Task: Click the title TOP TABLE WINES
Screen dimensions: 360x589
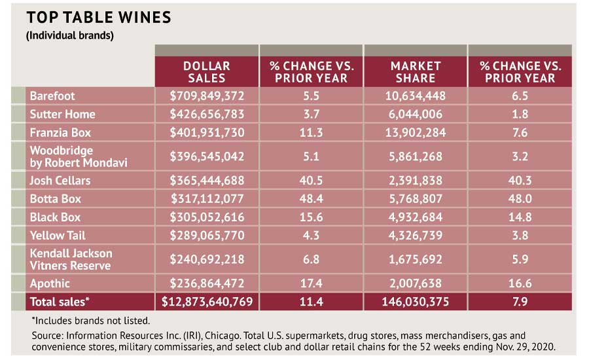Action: (x=98, y=17)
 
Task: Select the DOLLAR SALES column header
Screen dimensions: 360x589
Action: (x=207, y=72)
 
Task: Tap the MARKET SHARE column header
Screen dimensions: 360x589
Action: (x=415, y=72)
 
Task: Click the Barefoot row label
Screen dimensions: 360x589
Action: (x=52, y=96)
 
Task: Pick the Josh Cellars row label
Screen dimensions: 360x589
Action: (x=60, y=180)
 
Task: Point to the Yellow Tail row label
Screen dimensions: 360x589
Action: (x=58, y=235)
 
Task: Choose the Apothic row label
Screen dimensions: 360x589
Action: (x=50, y=283)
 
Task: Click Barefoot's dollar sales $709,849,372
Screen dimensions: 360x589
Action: (x=207, y=96)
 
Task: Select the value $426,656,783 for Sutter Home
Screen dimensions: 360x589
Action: (x=207, y=114)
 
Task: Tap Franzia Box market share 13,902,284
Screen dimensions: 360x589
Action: (x=415, y=132)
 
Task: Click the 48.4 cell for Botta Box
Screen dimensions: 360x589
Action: (x=311, y=198)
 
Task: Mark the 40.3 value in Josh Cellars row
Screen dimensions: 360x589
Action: (x=520, y=180)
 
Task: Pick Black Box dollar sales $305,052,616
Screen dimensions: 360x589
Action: (x=207, y=217)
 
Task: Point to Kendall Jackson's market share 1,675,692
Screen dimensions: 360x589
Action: (x=415, y=259)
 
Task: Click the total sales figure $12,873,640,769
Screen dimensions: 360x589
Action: (x=207, y=302)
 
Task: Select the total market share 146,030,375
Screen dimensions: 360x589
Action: (x=415, y=302)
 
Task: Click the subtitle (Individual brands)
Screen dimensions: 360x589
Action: (x=70, y=35)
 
